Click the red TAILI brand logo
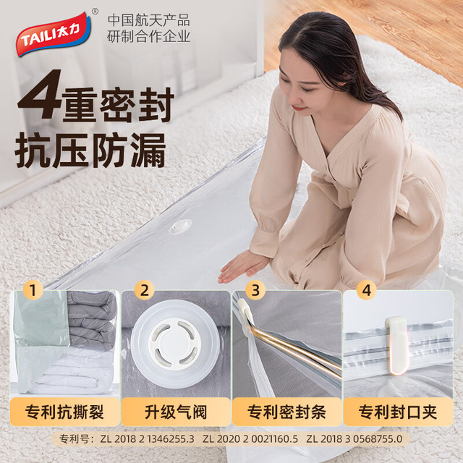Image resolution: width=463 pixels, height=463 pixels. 54,34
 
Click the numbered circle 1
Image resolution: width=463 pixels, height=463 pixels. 33,289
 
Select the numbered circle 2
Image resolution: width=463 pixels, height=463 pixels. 145,289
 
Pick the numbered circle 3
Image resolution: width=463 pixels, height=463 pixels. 255,289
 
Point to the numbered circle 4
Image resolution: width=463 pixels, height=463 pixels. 367,289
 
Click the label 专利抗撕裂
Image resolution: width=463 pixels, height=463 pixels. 64,412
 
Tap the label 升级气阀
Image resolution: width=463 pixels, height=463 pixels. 176,412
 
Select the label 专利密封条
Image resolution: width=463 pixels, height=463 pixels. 286,412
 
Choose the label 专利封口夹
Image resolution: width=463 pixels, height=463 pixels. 398,412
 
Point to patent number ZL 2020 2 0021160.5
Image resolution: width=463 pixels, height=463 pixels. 250,439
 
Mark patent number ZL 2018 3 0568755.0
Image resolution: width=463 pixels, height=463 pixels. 354,439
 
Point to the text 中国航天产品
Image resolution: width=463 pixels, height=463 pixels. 148,21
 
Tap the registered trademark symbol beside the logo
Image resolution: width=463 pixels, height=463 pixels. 95,12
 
